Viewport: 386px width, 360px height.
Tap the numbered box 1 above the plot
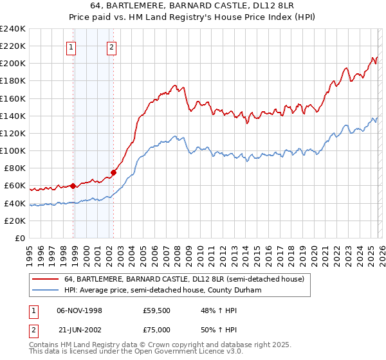click(x=70, y=46)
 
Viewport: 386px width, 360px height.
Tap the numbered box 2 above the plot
click(x=111, y=46)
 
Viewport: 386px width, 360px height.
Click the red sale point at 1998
click(x=73, y=186)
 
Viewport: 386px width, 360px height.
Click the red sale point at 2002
click(x=113, y=172)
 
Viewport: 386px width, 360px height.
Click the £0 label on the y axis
click(x=19, y=238)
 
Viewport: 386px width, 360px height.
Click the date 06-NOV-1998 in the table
click(x=79, y=310)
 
